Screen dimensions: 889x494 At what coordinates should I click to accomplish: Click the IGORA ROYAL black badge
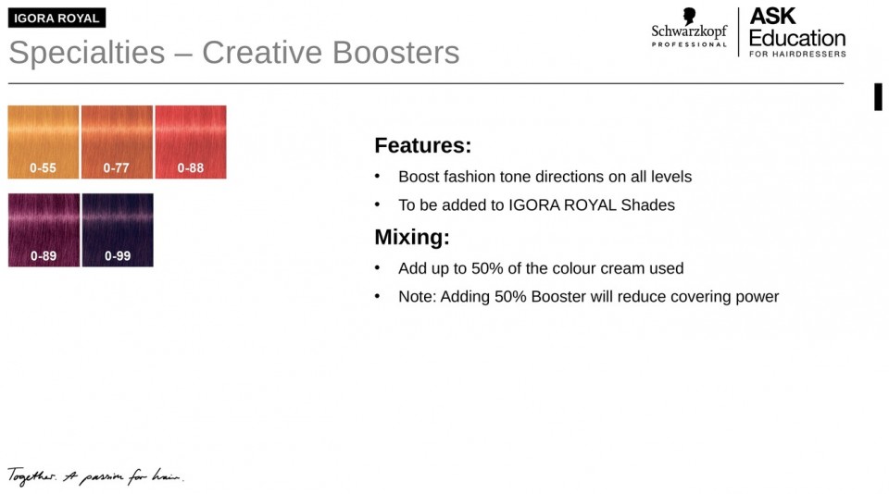pyautogui.click(x=56, y=18)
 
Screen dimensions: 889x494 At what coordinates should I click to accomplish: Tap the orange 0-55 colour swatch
pyautogui.click(x=44, y=142)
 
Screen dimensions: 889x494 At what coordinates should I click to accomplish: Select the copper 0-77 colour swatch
pyautogui.click(x=117, y=142)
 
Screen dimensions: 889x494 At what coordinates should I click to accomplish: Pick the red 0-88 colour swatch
pyautogui.click(x=191, y=142)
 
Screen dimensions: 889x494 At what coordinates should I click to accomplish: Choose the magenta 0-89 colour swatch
pyautogui.click(x=44, y=230)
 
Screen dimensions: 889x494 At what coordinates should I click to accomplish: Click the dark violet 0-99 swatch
pyautogui.click(x=118, y=230)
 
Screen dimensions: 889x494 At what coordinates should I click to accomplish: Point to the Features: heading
pyautogui.click(x=423, y=145)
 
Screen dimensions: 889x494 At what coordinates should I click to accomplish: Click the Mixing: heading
pyautogui.click(x=412, y=237)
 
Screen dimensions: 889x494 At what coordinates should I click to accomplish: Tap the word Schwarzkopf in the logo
pyautogui.click(x=689, y=31)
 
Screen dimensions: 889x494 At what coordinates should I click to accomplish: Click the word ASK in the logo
pyautogui.click(x=772, y=16)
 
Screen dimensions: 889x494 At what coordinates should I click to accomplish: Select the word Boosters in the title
pyautogui.click(x=395, y=53)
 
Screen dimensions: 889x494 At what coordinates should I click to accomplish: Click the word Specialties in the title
pyautogui.click(x=87, y=53)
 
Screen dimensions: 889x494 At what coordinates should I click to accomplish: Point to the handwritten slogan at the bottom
pyautogui.click(x=95, y=475)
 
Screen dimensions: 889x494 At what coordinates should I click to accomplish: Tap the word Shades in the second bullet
pyautogui.click(x=647, y=205)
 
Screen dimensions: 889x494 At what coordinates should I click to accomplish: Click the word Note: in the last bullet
pyautogui.click(x=418, y=297)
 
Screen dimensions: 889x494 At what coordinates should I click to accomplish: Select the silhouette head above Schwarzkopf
pyautogui.click(x=689, y=16)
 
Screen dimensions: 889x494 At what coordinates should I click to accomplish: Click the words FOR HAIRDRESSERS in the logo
pyautogui.click(x=797, y=54)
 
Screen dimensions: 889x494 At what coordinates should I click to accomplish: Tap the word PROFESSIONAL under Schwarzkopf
pyautogui.click(x=689, y=44)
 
